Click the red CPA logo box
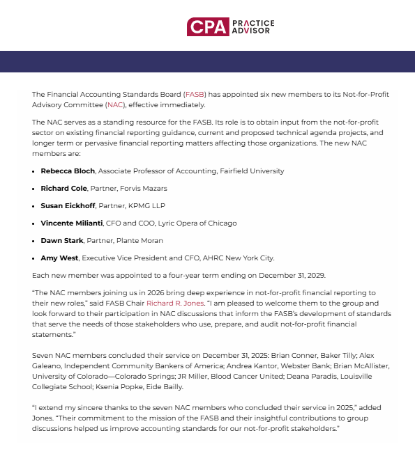pyautogui.click(x=207, y=27)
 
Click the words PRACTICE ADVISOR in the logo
pyautogui.click(x=252, y=27)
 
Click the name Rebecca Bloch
pyautogui.click(x=68, y=171)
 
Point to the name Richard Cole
pyautogui.click(x=64, y=188)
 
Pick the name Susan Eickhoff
pyautogui.click(x=67, y=205)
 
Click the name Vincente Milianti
pyautogui.click(x=71, y=223)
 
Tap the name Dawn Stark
pyautogui.click(x=62, y=240)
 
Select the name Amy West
pyautogui.click(x=59, y=258)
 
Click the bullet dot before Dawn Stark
pyautogui.click(x=34, y=241)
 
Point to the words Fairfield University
pyautogui.click(x=249, y=171)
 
